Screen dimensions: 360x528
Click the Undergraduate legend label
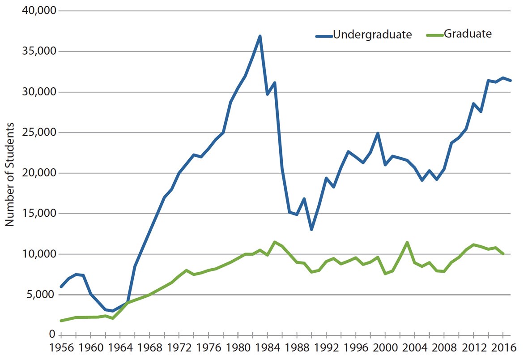372,34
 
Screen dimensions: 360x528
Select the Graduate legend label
468,34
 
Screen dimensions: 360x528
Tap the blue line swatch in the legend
324,35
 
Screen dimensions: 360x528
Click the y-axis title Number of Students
10,175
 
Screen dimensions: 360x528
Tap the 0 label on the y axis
52,335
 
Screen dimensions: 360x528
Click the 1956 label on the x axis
61,348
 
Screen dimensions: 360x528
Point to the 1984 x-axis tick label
267,348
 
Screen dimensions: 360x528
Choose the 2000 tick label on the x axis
385,348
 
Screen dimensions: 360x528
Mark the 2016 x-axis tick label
502,348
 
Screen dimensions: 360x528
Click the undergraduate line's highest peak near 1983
260,36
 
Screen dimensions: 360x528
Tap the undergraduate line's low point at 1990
311,229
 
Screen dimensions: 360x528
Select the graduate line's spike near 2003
407,242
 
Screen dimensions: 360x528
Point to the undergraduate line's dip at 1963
113,311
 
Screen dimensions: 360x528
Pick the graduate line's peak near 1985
275,242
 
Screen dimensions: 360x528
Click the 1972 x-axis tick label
179,348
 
